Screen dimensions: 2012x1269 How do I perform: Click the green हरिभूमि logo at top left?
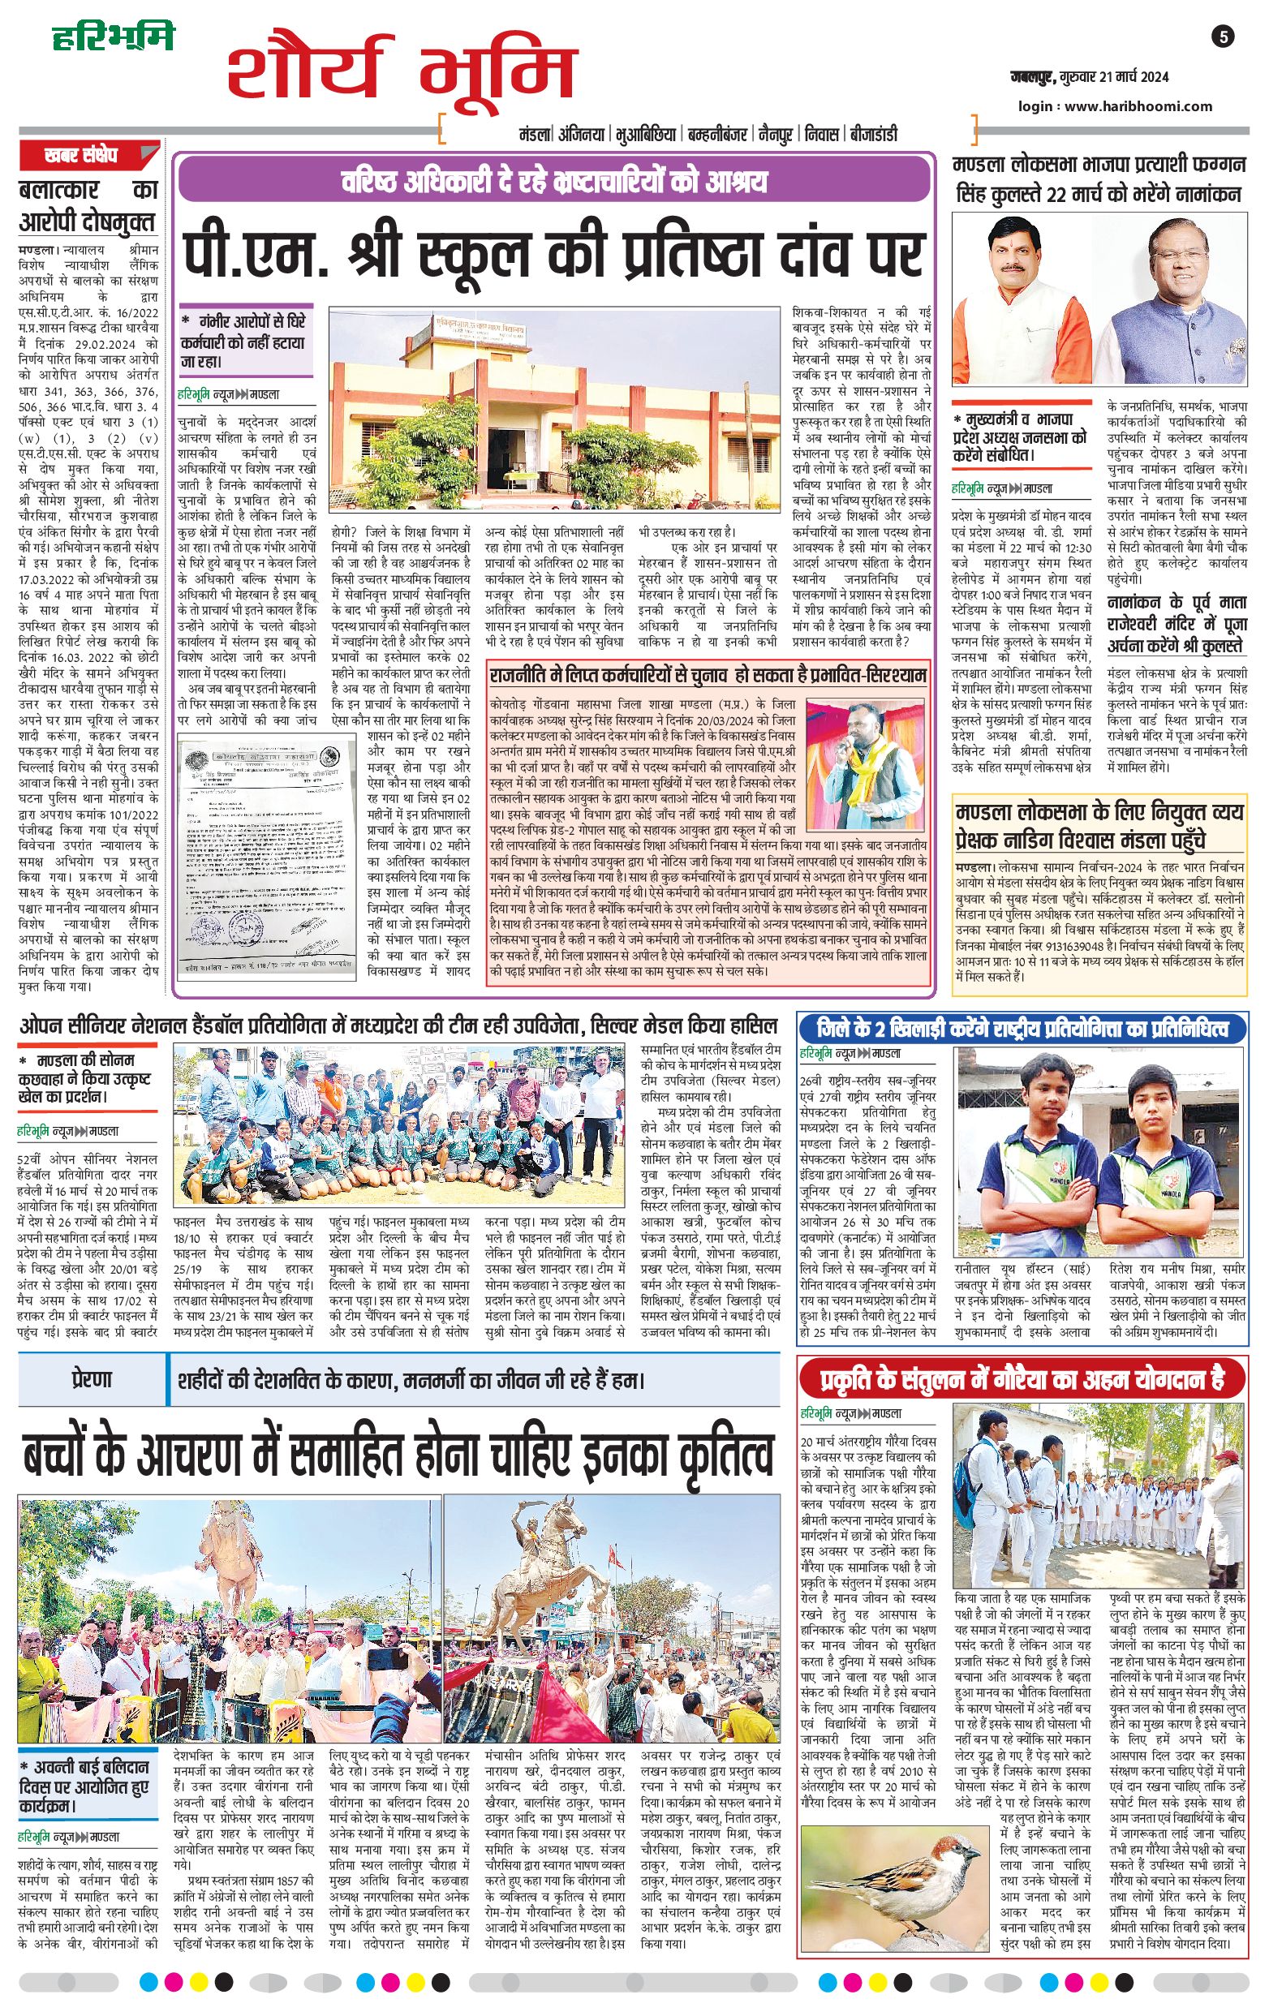pos(113,37)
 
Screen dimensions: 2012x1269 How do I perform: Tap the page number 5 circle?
pos(1224,37)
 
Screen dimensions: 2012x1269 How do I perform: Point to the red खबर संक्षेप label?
pos(81,156)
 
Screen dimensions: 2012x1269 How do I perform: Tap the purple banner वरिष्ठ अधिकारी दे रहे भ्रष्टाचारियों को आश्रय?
pos(553,181)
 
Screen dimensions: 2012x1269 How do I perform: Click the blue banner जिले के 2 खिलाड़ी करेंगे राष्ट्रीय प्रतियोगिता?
pos(1022,1028)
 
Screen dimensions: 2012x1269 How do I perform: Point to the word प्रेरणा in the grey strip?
pos(90,1378)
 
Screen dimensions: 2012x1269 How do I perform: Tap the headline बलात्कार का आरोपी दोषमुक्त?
pos(88,206)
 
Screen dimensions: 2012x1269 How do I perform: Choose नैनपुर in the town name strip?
pos(774,134)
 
